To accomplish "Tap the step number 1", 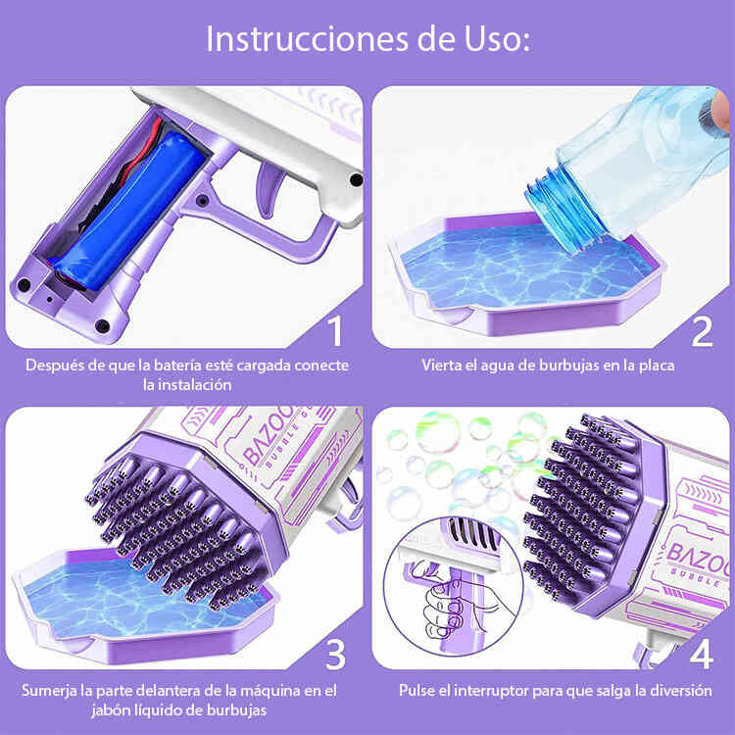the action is pos(335,331).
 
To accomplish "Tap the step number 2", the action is pos(702,331).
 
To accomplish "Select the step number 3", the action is pos(335,654).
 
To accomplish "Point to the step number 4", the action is pos(702,654).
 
